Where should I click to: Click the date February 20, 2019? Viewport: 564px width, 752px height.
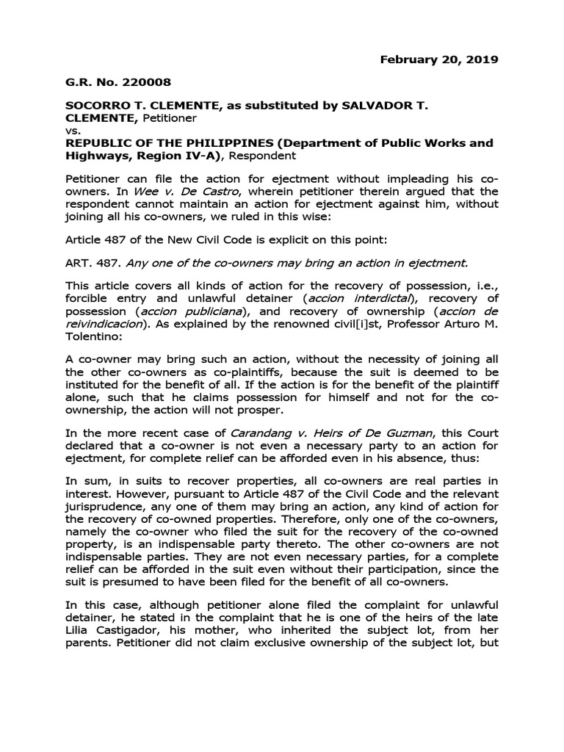439,59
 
